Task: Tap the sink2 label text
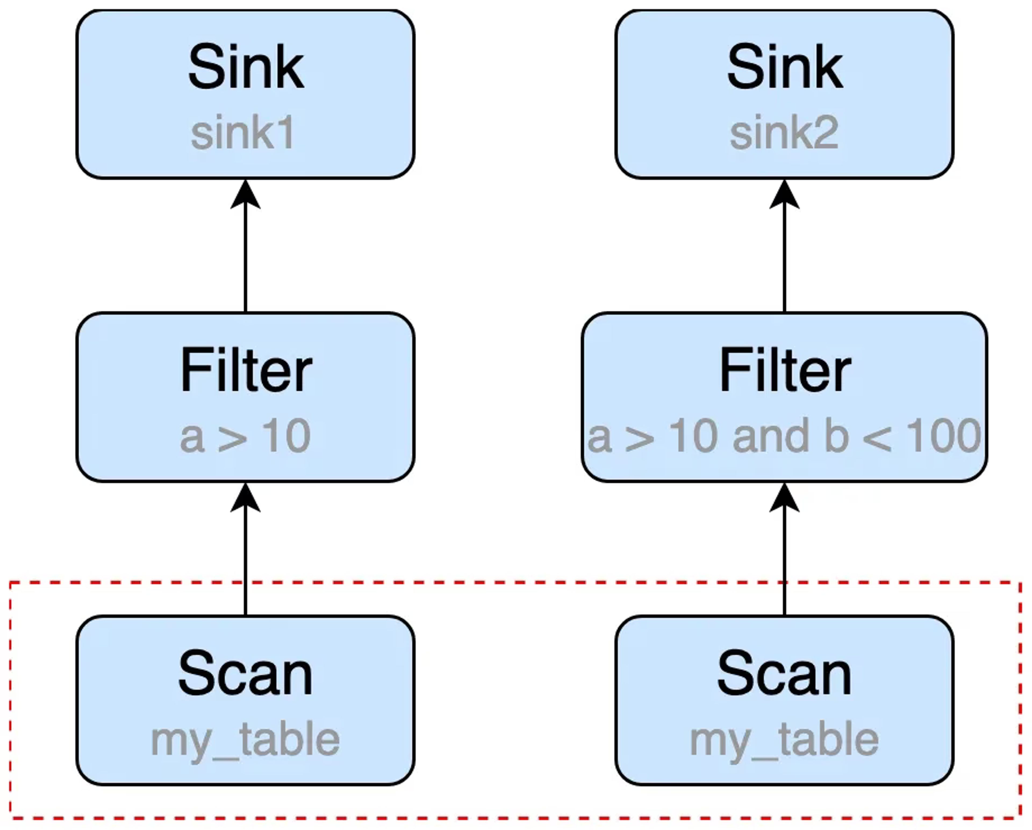coord(784,133)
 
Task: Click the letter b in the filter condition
coord(836,435)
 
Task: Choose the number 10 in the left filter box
coord(286,436)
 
